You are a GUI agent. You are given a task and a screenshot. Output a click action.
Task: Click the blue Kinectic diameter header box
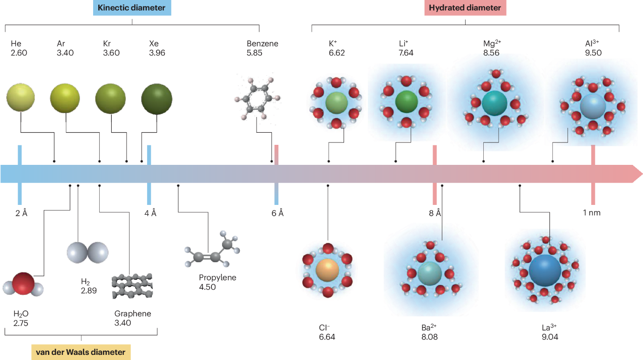point(132,8)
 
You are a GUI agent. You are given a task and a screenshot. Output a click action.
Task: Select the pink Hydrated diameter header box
point(465,8)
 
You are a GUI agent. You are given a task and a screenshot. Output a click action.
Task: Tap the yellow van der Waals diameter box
point(81,351)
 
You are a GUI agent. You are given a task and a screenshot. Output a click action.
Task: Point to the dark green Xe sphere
point(156,98)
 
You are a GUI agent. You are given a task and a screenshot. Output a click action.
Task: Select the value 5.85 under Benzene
point(255,53)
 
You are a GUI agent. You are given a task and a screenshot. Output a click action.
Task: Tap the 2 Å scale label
point(20,213)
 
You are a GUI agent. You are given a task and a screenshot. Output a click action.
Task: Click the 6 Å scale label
point(278,213)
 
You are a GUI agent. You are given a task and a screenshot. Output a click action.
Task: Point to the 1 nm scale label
point(592,213)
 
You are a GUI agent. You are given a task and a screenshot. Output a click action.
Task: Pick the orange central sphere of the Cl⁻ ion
point(328,270)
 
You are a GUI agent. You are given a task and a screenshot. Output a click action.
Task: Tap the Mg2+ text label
point(492,44)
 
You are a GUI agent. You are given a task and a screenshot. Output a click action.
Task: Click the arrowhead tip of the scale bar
point(640,174)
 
